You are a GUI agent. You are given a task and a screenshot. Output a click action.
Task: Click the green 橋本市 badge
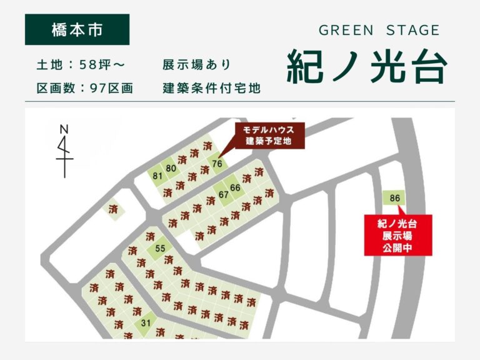[x=77, y=29]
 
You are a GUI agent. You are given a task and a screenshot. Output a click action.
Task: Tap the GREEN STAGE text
[x=379, y=30]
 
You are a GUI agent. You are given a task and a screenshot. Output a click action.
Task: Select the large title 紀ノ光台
[x=367, y=66]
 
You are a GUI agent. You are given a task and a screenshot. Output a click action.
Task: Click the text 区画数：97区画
[x=85, y=89]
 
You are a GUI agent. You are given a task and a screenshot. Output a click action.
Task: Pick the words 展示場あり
[x=196, y=65]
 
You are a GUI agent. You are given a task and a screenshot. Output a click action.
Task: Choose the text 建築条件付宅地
[x=211, y=89]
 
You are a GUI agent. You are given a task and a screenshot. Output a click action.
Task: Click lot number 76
[x=217, y=164]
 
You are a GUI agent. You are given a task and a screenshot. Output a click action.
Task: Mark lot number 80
[x=171, y=168]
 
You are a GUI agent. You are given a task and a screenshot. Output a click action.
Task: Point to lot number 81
[x=157, y=176]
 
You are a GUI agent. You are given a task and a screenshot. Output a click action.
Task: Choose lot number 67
[x=223, y=194]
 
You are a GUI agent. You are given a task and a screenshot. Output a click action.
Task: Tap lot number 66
[x=235, y=187]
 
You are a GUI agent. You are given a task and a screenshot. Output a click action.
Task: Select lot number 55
[x=160, y=248]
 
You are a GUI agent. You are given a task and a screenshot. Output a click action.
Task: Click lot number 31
[x=146, y=322]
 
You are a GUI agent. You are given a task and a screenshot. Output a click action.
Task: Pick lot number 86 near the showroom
[x=394, y=199]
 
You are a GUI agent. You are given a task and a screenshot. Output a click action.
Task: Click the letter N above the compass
[x=63, y=129]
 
